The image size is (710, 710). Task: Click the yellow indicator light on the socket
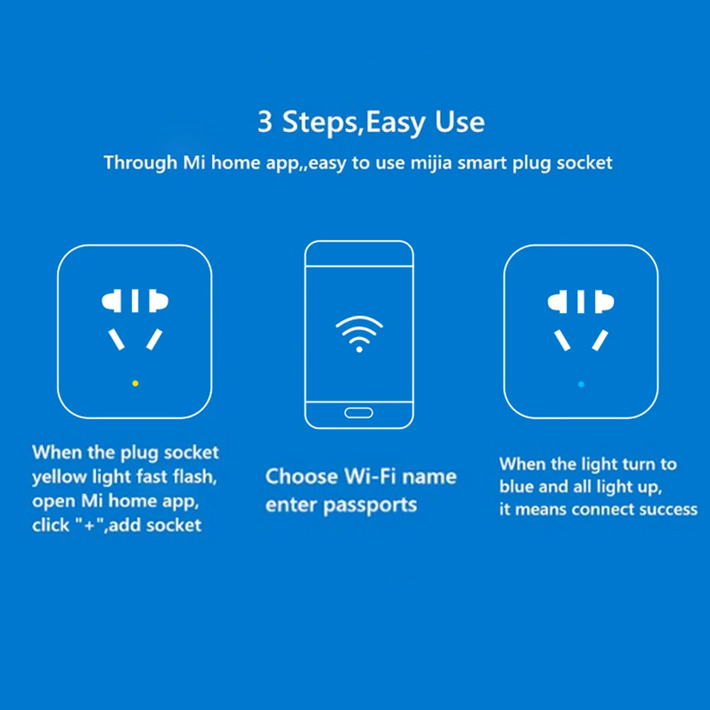(135, 383)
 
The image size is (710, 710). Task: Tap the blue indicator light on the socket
(581, 384)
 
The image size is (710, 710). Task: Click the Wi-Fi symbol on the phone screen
(359, 334)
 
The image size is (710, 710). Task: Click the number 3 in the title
(265, 122)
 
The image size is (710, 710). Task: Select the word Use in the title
(460, 122)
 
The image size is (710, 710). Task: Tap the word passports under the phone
(369, 506)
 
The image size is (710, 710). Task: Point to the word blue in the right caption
(517, 487)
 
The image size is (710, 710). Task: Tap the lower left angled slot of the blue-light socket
(562, 340)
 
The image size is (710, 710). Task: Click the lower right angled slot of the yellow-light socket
(154, 339)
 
